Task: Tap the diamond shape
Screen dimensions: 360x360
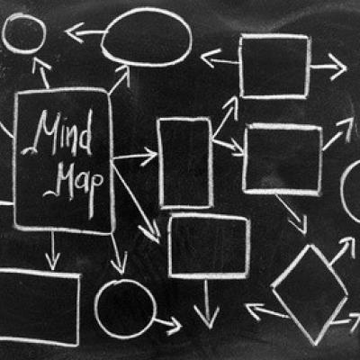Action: (310, 294)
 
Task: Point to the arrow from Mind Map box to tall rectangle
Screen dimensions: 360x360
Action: (135, 156)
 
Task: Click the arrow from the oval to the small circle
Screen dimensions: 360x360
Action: (85, 32)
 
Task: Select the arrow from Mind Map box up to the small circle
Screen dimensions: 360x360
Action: (42, 74)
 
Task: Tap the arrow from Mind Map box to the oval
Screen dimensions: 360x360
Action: (120, 78)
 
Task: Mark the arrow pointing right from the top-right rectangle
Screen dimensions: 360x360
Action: (328, 67)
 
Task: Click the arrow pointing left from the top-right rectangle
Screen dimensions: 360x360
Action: (220, 60)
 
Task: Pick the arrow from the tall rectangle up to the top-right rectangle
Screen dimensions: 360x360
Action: (226, 118)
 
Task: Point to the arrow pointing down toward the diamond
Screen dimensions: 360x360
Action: (292, 213)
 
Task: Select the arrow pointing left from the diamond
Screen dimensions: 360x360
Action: (267, 311)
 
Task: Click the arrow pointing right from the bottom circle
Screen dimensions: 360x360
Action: (168, 323)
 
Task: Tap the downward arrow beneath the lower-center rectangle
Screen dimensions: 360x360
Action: (206, 303)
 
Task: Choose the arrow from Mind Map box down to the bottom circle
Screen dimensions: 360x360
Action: (118, 254)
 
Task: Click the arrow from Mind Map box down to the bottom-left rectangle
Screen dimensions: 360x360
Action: (53, 250)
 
